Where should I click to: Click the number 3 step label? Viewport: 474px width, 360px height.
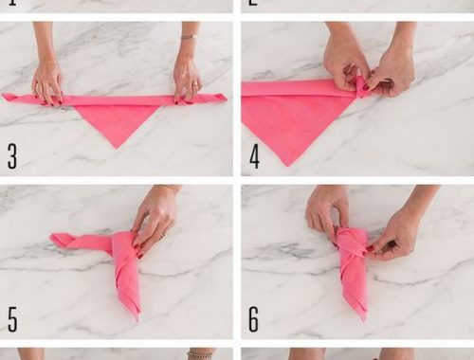click(x=12, y=156)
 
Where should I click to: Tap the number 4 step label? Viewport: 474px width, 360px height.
click(x=254, y=156)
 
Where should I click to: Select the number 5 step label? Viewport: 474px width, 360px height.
click(x=12, y=319)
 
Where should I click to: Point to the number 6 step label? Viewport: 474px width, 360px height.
click(x=254, y=319)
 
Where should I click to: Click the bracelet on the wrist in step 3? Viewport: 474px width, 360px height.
click(x=189, y=36)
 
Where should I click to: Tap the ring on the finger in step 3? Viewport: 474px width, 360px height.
click(x=197, y=83)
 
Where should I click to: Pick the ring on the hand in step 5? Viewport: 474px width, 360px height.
click(x=163, y=235)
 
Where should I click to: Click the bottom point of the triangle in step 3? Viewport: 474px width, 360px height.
click(x=117, y=147)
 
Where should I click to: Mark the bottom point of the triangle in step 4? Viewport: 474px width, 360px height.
click(x=287, y=165)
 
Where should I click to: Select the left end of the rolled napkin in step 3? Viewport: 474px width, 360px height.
click(x=4, y=97)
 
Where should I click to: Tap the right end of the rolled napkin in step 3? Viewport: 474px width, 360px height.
click(x=226, y=98)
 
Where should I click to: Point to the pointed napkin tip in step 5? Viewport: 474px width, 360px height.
click(x=137, y=319)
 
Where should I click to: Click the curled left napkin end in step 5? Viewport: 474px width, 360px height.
click(x=60, y=240)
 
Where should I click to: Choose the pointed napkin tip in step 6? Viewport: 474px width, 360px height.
click(x=365, y=319)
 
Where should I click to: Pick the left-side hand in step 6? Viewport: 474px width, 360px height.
click(x=325, y=211)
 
